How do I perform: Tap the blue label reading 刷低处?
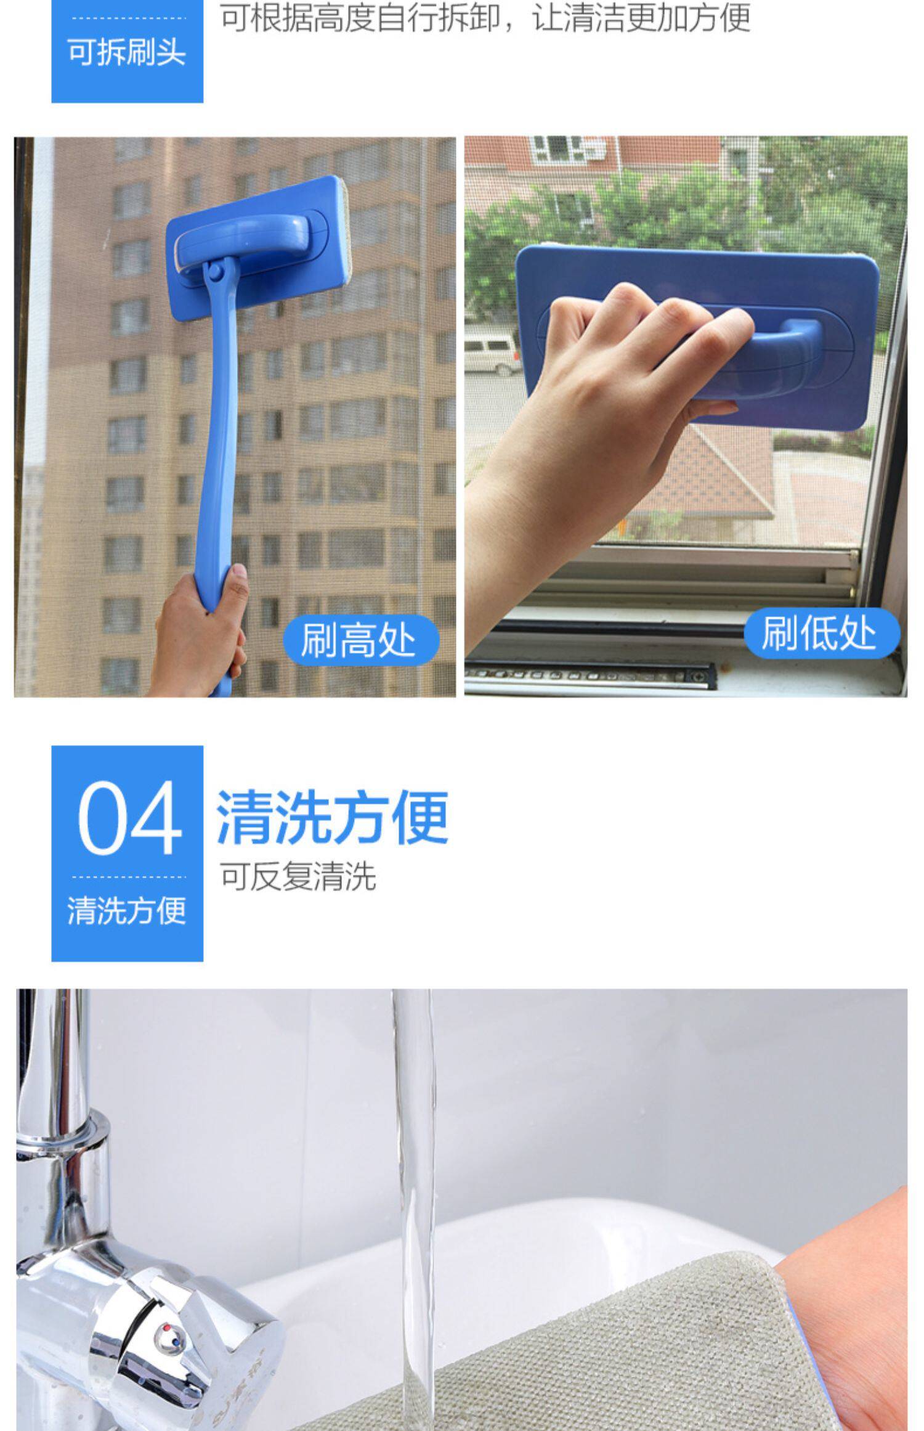click(821, 632)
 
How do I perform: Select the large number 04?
click(129, 817)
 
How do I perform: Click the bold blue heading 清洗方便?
click(332, 817)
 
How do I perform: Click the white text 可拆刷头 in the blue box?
click(127, 52)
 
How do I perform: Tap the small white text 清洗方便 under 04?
click(127, 911)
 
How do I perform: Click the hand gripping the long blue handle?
click(200, 635)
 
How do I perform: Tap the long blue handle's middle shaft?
click(217, 431)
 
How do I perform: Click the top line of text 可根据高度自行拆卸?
click(360, 17)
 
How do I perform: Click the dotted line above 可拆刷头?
click(129, 18)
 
